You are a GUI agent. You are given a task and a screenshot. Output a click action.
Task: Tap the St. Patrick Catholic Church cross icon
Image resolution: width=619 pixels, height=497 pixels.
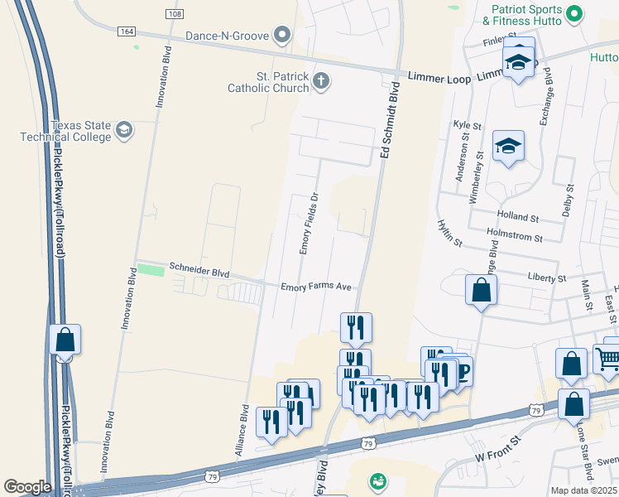click(321, 81)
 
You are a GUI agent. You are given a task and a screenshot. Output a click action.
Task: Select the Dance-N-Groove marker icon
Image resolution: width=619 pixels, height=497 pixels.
click(283, 35)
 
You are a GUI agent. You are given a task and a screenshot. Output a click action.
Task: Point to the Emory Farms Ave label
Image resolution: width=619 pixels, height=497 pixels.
click(316, 287)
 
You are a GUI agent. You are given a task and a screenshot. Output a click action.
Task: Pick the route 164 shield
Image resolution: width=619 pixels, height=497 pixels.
click(126, 31)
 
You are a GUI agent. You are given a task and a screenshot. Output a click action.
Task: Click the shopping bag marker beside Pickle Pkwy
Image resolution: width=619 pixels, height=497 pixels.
click(65, 340)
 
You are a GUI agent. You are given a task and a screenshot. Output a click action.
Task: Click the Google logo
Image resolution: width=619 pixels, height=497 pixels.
click(27, 487)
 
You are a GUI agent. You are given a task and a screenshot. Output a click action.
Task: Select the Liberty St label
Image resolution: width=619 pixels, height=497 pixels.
click(546, 279)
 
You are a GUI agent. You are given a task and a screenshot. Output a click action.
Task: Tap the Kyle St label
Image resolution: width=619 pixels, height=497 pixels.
click(467, 125)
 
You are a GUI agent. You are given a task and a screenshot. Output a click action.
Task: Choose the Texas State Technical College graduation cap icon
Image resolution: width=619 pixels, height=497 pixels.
click(123, 129)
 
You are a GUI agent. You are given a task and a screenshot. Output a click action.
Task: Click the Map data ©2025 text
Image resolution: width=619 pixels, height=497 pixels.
click(583, 490)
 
